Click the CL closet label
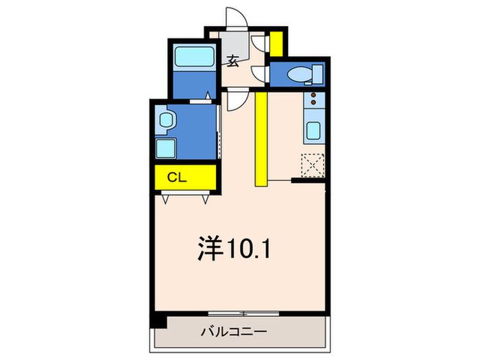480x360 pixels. pyautogui.click(x=177, y=177)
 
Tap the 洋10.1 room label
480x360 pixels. pyautogui.click(x=235, y=248)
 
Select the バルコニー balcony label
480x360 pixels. pyautogui.click(x=234, y=332)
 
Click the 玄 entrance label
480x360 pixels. pyautogui.click(x=233, y=61)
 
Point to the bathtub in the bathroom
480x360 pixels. pyautogui.click(x=194, y=56)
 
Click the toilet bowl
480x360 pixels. pyautogui.click(x=300, y=74)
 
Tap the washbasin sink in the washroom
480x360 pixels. pyautogui.click(x=166, y=120)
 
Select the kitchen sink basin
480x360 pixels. pyautogui.click(x=314, y=130)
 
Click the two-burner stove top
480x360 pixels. pyautogui.click(x=314, y=99)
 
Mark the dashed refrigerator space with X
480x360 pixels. pyautogui.click(x=313, y=165)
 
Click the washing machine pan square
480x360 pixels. pyautogui.click(x=166, y=148)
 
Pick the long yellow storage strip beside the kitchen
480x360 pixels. pyautogui.click(x=261, y=139)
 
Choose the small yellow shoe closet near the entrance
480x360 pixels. pyautogui.click(x=276, y=44)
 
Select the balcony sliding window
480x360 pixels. pyautogui.click(x=243, y=313)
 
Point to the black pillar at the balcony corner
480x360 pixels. pyautogui.click(x=159, y=322)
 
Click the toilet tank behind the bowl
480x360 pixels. pyautogui.click(x=317, y=74)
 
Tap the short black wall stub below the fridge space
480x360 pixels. pyautogui.click(x=308, y=180)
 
